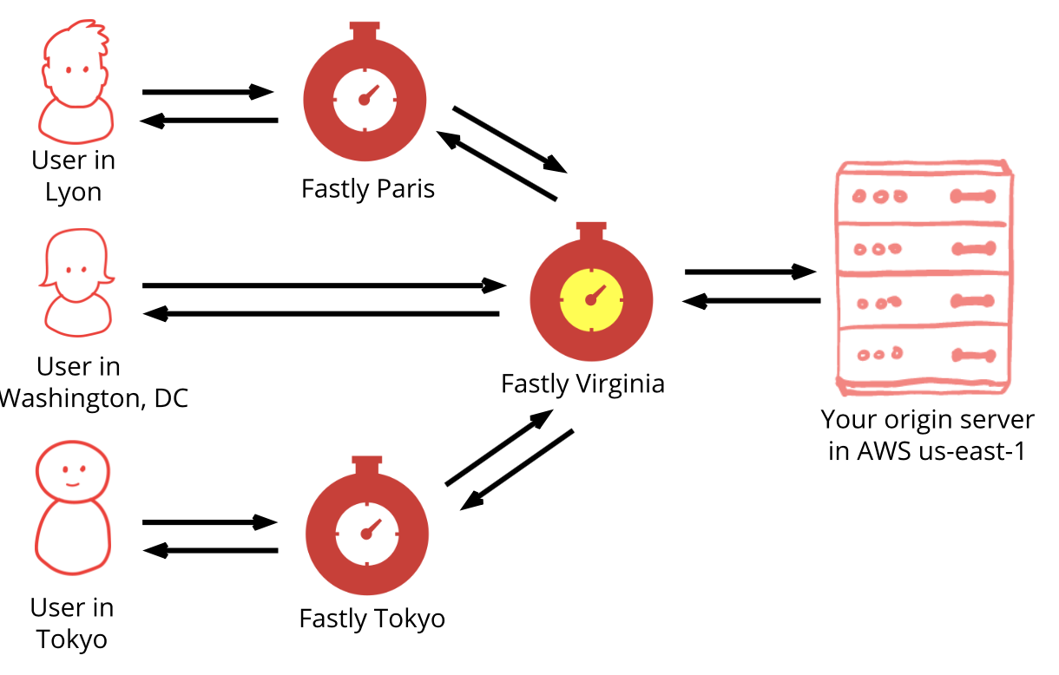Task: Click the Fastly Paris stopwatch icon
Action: coord(364,95)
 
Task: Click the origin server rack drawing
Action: coord(924,275)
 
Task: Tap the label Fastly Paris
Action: coord(367,188)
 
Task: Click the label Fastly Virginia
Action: coord(582,383)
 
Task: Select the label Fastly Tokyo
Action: coord(372,619)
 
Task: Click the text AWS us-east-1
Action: coord(927,452)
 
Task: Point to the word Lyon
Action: coord(73,192)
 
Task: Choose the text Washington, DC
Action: coord(94,398)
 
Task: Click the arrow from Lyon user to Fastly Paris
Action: coord(208,91)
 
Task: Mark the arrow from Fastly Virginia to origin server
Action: coord(751,272)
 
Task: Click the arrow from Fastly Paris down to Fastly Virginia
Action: coord(510,139)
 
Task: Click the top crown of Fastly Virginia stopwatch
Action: coord(591,231)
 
